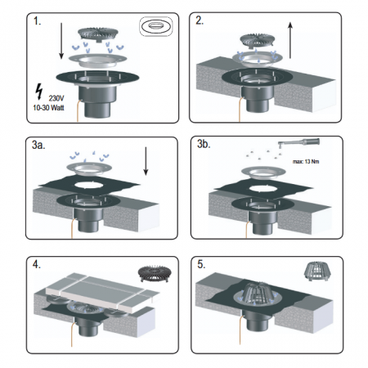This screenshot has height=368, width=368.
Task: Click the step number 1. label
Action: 38,21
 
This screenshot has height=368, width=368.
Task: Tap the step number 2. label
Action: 200,20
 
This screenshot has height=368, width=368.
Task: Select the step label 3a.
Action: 38,145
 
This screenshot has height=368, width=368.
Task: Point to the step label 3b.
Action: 204,144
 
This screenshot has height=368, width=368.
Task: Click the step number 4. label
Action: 37,264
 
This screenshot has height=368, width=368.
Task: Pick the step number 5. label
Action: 201,264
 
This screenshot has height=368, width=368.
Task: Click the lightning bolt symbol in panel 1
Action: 39,92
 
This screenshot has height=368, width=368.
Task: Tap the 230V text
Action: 56,98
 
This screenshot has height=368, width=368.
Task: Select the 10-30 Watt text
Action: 48,108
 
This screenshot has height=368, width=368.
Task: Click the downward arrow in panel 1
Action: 61,41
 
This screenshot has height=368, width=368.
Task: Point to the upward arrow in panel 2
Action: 290,40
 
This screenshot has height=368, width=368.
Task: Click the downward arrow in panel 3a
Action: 146,161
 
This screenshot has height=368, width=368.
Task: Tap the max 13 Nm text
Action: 306,162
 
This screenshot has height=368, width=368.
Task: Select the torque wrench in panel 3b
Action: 298,142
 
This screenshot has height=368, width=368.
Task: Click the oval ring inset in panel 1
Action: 156,26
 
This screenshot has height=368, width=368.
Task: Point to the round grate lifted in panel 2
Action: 258,40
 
